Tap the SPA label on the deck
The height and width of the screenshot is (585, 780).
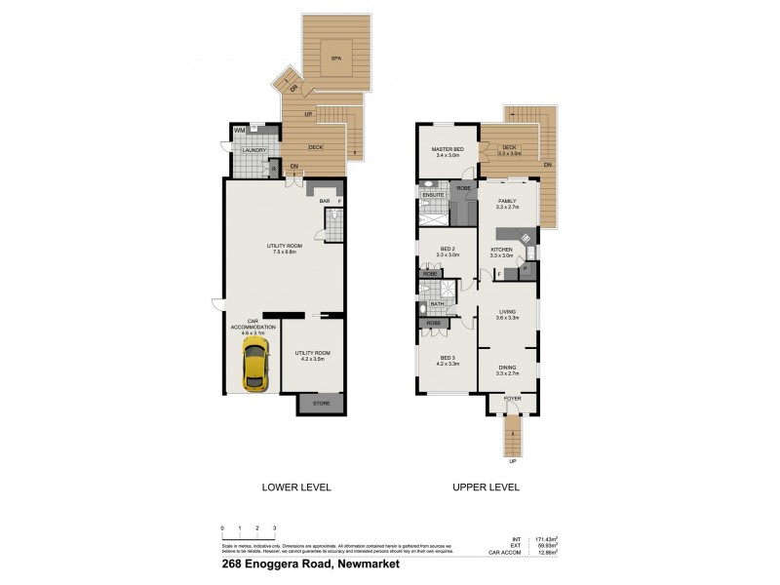point(336,59)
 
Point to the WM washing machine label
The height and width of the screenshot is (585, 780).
point(239,131)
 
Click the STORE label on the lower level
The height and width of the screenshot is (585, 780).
point(321,404)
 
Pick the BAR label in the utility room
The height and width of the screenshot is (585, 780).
point(325,201)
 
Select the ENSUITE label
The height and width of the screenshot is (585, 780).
point(434,195)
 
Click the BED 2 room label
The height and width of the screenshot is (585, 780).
point(447,249)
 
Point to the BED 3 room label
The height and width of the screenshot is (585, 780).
point(447,358)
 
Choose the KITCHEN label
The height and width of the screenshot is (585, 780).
point(501,249)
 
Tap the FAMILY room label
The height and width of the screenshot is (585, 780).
point(506,201)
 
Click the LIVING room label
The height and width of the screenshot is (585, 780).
point(506,312)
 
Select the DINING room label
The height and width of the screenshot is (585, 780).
point(506,368)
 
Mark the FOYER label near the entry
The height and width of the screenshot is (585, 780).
point(512,400)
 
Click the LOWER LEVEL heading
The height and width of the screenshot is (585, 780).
point(297,487)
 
